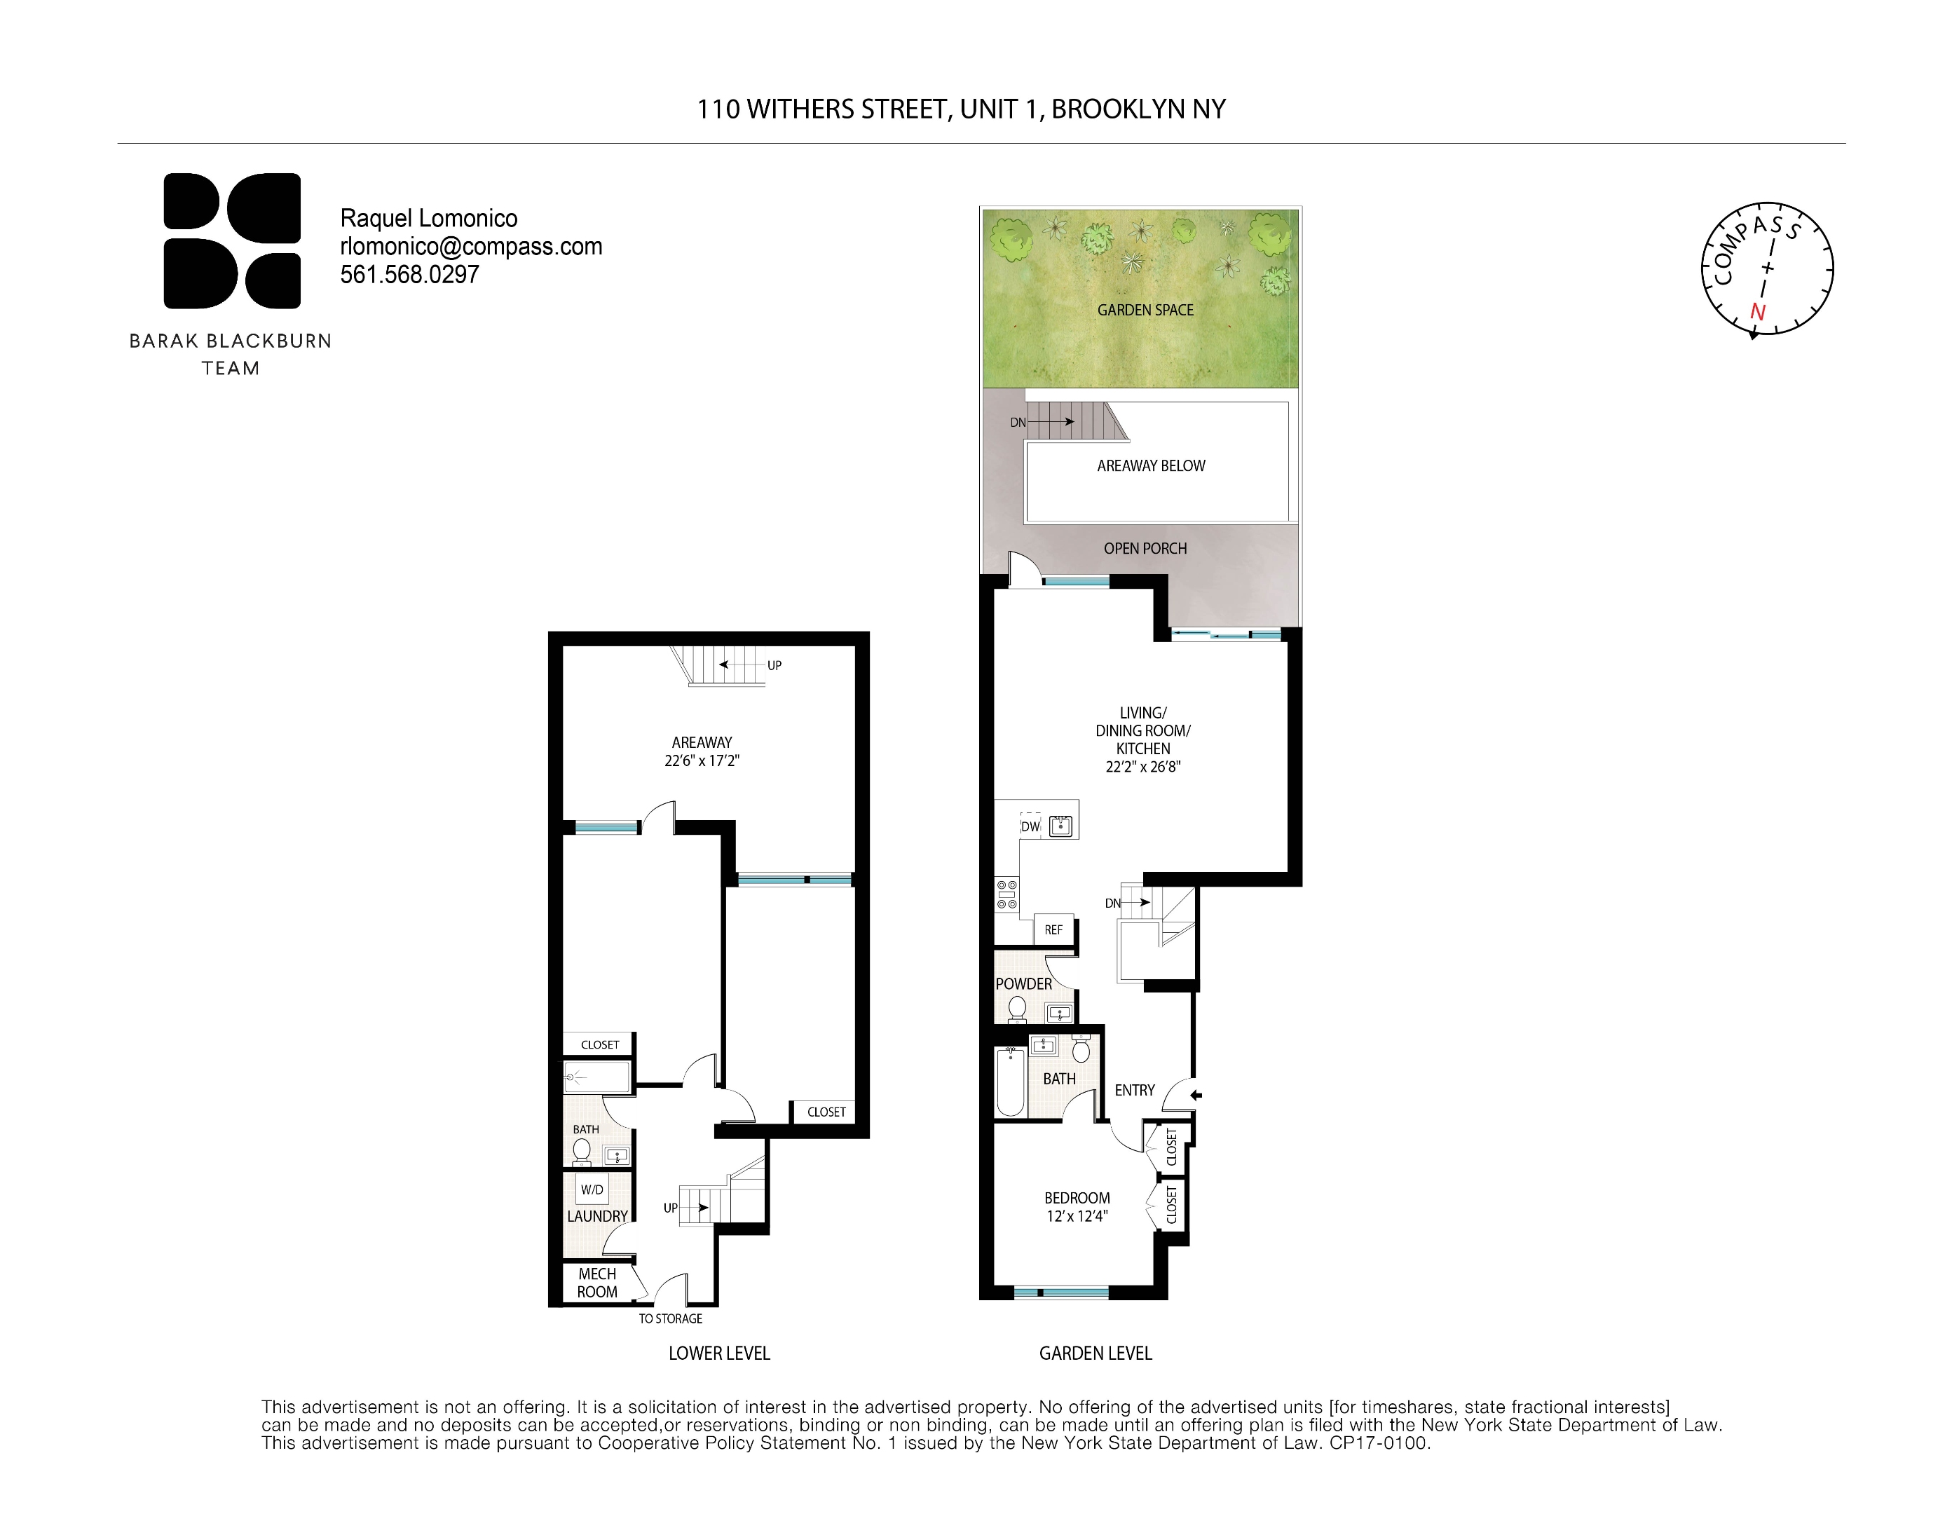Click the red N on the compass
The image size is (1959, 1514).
coord(1758,312)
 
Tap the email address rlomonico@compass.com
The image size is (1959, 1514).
coord(471,247)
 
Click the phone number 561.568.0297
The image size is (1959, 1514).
coord(409,275)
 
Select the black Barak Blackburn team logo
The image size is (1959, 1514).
coord(231,240)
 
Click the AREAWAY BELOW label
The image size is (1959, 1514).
coord(1151,466)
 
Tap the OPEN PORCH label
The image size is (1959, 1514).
coord(1145,549)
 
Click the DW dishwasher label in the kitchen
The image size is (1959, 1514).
coord(1030,827)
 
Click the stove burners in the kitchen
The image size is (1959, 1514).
coord(1006,895)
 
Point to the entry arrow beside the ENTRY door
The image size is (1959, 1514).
coord(1196,1095)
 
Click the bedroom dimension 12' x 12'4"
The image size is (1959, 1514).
coord(1077,1217)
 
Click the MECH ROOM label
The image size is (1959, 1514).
coord(596,1283)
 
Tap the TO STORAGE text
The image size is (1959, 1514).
coord(670,1318)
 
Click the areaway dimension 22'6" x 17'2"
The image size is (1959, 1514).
coord(702,761)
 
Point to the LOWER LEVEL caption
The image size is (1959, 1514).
coord(718,1353)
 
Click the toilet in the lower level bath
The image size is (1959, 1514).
coord(581,1150)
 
